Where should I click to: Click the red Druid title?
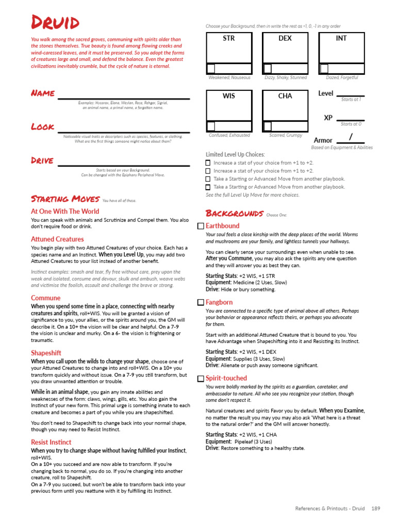pos(55,23)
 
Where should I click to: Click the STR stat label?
pos(228,39)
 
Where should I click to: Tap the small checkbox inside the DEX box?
pos(267,69)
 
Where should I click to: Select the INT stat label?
pos(341,39)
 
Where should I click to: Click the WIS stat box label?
pos(228,97)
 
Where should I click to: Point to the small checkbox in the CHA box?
pos(267,127)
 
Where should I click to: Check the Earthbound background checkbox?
pos(201,226)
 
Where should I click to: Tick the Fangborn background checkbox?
pos(201,302)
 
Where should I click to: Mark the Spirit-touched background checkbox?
pos(201,379)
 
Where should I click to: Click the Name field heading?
pos(43,93)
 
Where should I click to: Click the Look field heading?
pos(42,127)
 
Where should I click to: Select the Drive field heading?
pos(42,160)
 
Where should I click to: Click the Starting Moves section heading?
pos(65,199)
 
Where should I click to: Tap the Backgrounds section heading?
pos(235,213)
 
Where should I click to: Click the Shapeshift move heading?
pos(46,353)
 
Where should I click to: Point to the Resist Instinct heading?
pos(51,442)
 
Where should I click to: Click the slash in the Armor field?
pos(351,137)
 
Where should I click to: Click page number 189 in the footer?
pos(375,509)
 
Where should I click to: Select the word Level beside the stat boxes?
pos(326,94)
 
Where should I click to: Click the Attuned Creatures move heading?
pos(57,239)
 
